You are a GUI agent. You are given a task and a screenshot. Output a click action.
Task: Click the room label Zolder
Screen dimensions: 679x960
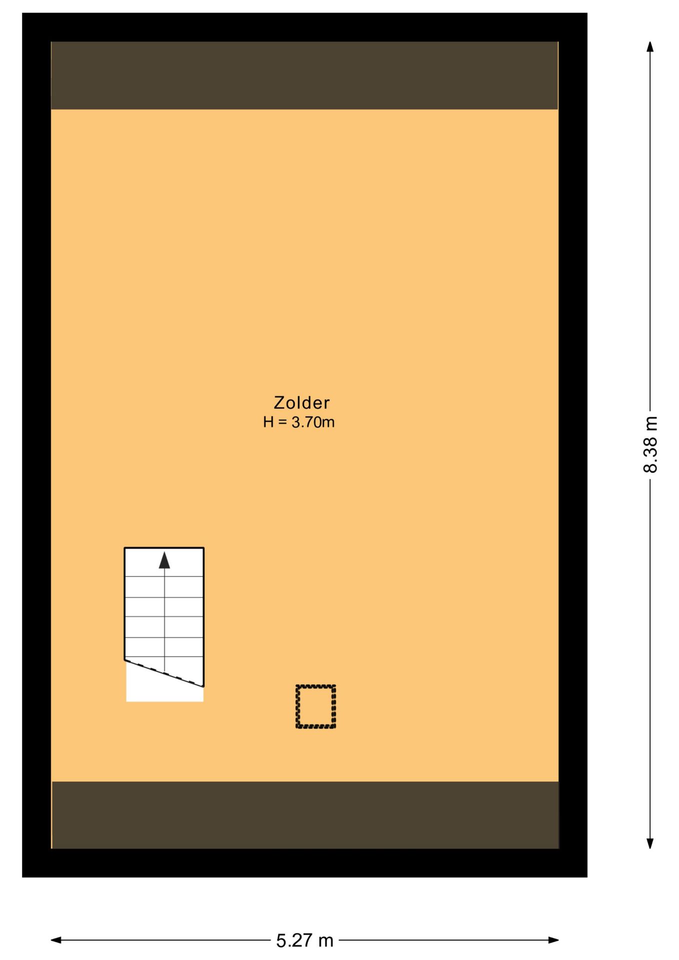point(301,402)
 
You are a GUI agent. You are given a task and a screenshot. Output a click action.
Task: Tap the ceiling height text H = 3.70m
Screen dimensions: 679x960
point(299,422)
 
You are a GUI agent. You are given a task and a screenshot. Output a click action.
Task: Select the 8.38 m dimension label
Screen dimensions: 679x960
point(650,444)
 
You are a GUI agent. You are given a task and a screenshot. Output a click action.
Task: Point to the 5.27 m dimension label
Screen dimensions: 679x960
point(304,940)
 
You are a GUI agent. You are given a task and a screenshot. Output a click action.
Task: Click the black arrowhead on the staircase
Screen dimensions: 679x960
point(164,560)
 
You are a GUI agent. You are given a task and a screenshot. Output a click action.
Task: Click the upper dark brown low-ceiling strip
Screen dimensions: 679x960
point(304,75)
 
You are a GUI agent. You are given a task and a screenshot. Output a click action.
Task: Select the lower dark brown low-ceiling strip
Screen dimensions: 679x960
point(305,815)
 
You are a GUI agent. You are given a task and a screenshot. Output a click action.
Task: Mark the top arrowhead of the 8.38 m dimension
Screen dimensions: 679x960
point(650,46)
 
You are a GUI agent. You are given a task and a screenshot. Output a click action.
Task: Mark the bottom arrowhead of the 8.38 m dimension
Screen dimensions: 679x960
point(650,843)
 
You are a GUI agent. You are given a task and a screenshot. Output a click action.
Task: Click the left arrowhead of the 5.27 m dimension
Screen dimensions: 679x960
point(56,940)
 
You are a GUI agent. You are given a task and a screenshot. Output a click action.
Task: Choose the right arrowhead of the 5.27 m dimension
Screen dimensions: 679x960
point(553,940)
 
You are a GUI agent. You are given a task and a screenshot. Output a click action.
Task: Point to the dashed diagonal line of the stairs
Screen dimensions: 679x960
point(164,673)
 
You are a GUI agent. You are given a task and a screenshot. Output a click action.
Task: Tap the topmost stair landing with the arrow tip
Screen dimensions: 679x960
point(164,562)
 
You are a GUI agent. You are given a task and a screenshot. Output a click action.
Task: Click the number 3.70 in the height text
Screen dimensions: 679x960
point(305,422)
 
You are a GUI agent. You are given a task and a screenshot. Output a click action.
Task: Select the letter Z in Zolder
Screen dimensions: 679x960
point(279,402)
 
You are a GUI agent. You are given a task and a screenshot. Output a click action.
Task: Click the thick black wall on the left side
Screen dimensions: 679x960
point(36,445)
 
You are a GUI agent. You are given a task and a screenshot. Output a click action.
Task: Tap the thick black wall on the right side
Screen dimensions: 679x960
point(573,445)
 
